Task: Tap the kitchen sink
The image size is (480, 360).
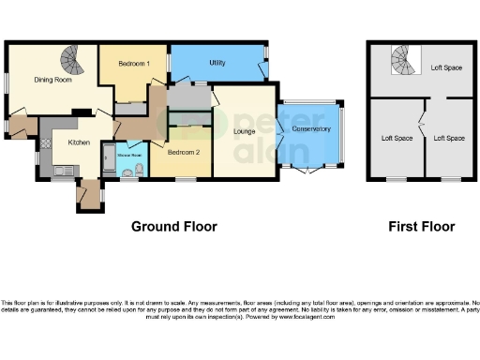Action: click(64, 170)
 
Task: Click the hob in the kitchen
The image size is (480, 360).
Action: click(45, 145)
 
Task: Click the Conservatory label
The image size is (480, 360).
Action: click(311, 128)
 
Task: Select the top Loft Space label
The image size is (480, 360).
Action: click(446, 67)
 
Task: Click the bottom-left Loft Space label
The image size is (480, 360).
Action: click(396, 139)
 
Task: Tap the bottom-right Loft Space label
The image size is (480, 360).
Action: click(448, 139)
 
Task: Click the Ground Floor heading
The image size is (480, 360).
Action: click(173, 226)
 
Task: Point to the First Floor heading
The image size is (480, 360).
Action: click(422, 226)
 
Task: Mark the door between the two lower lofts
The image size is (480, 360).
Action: click(423, 122)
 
